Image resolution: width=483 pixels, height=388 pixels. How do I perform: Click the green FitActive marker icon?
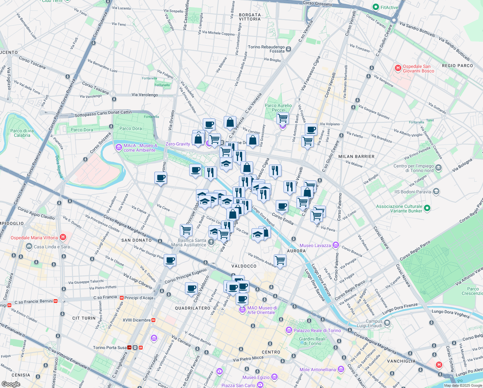(x=375, y=7)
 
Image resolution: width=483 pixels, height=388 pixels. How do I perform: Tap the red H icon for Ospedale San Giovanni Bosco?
(x=398, y=68)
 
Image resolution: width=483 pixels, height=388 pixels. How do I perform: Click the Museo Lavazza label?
(x=315, y=245)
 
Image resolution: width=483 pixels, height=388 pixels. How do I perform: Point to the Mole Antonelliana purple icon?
(x=341, y=369)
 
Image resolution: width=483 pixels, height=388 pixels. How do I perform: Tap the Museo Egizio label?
(x=256, y=377)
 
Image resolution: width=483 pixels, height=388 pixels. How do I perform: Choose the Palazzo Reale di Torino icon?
(x=289, y=330)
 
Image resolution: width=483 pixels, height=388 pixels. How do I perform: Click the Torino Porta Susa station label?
(x=110, y=348)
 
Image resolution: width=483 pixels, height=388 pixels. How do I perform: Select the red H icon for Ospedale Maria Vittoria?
(x=63, y=237)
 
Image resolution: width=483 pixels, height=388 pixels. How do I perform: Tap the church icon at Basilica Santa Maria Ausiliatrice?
(x=211, y=242)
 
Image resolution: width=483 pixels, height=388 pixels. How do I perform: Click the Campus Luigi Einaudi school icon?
(x=387, y=323)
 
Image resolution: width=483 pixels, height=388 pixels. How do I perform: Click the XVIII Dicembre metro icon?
(x=154, y=320)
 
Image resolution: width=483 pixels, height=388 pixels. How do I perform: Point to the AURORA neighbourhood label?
(x=296, y=251)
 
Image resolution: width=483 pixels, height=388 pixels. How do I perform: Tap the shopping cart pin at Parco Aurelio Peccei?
(x=283, y=118)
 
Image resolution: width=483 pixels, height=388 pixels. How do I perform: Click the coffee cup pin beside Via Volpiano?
(x=311, y=130)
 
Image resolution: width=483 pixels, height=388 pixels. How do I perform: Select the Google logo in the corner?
(x=11, y=384)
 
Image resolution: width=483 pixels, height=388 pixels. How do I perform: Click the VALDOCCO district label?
(x=244, y=266)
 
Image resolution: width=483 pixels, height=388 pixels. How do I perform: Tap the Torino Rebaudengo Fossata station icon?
(x=288, y=49)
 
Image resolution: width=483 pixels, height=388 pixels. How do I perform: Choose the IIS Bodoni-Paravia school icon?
(x=436, y=191)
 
